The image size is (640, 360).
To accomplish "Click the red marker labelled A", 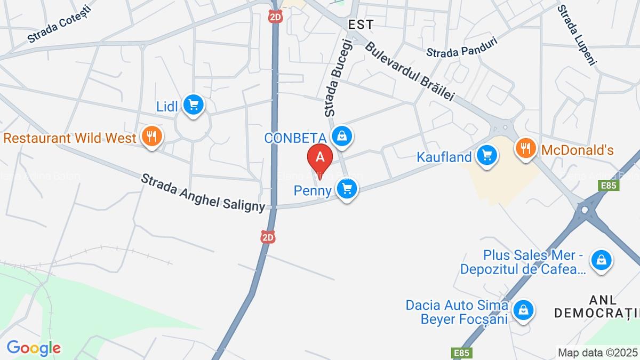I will click(320, 157).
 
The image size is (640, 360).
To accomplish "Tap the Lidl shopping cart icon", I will click(193, 105).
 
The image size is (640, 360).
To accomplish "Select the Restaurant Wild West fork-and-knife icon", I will click(152, 137).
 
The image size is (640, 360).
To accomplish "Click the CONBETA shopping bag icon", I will click(340, 136).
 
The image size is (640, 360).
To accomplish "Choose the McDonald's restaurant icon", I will click(526, 149).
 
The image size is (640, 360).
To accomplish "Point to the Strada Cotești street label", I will click(60, 23).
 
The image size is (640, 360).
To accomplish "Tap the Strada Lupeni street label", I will click(577, 35).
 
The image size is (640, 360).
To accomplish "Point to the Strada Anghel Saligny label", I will click(203, 193).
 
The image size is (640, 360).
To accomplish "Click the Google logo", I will click(34, 348).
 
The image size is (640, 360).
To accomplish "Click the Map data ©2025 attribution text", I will click(597, 352).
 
